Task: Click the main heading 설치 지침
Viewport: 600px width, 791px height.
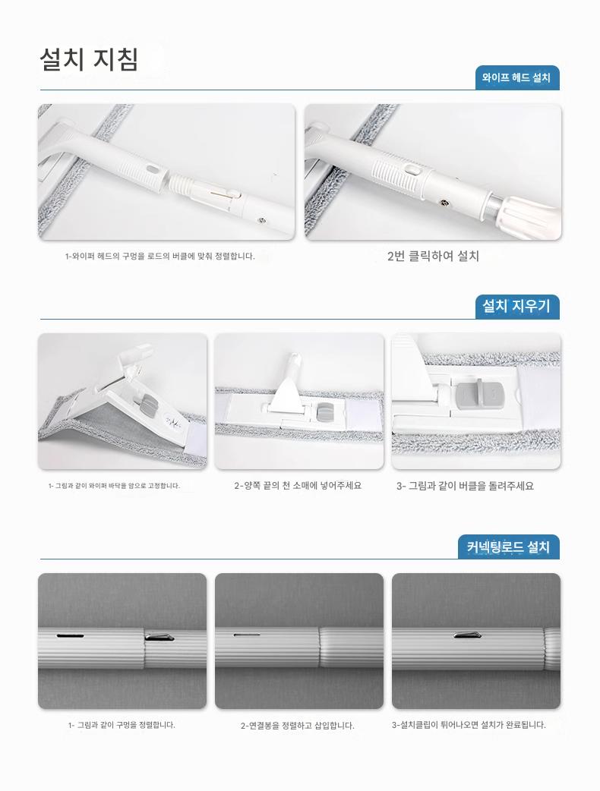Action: pyautogui.click(x=89, y=59)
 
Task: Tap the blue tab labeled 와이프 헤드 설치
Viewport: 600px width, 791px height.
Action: pyautogui.click(x=516, y=77)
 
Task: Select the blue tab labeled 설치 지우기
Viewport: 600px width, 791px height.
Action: pyautogui.click(x=516, y=306)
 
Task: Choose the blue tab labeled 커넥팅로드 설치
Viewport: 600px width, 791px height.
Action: pyautogui.click(x=509, y=547)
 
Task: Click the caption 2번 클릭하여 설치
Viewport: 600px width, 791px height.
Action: pyautogui.click(x=433, y=256)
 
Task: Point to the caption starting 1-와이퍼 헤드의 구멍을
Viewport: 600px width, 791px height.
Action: pyautogui.click(x=160, y=257)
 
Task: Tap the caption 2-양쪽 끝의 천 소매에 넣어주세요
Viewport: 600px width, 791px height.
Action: pyautogui.click(x=298, y=486)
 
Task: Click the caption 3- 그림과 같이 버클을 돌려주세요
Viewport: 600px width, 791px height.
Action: pyautogui.click(x=465, y=486)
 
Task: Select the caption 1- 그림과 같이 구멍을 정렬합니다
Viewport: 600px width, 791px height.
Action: pyautogui.click(x=122, y=725)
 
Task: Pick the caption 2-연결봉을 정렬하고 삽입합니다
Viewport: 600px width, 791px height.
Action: pyautogui.click(x=297, y=726)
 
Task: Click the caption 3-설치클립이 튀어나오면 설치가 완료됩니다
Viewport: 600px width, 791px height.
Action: pyautogui.click(x=469, y=725)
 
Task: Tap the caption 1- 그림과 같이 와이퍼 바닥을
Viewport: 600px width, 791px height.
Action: pyautogui.click(x=114, y=486)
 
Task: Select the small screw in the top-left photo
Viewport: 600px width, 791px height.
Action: pyautogui.click(x=261, y=219)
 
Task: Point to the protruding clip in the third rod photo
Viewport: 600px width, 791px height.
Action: pyautogui.click(x=468, y=635)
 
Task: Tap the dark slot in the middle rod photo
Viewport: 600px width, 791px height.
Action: pyautogui.click(x=246, y=635)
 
